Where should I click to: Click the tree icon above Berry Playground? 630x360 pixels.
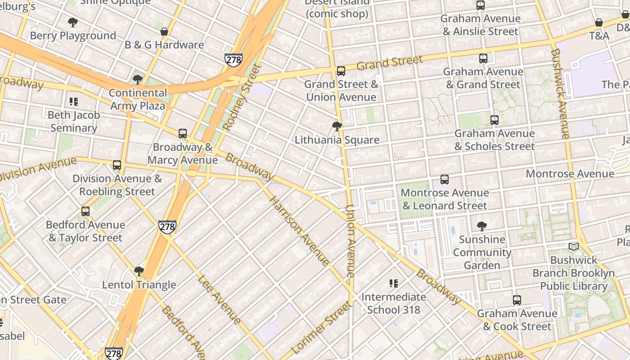[x=72, y=22]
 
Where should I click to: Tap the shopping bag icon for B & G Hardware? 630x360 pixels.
[x=164, y=31]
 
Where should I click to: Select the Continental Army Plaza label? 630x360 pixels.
[x=139, y=99]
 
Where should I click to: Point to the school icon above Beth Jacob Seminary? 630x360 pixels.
[x=74, y=102]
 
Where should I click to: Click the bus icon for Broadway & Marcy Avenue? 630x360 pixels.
[x=182, y=134]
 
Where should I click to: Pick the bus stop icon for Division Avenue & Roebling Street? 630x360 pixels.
[x=117, y=165]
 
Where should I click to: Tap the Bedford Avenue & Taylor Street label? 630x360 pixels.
[x=85, y=231]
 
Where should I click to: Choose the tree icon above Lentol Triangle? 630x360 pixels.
[x=139, y=271]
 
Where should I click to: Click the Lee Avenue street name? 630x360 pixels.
[x=219, y=299]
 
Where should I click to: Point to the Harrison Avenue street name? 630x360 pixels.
[x=299, y=231]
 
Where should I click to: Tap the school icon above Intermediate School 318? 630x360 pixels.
[x=394, y=283]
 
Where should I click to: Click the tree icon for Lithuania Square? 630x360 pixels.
[x=337, y=126]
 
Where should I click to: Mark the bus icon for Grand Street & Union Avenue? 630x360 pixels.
[x=341, y=71]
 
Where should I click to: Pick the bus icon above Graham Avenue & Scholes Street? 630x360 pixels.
[x=495, y=120]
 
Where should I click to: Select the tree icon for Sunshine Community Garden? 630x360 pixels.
[x=482, y=226]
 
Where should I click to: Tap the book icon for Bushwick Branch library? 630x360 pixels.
[x=573, y=247]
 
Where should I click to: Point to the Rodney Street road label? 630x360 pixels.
[x=242, y=98]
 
